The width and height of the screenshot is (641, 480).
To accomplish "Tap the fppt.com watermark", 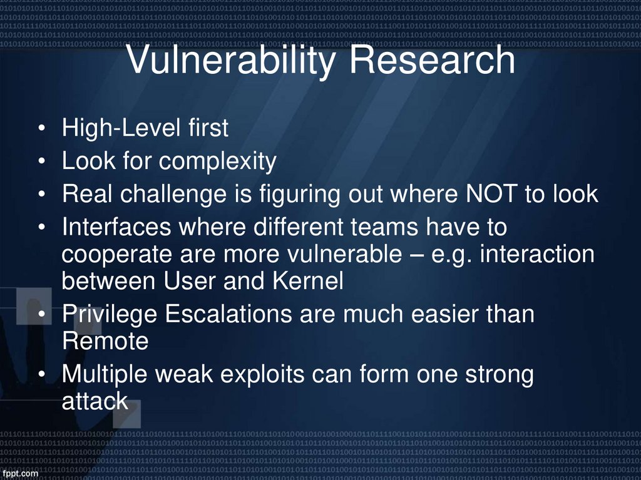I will [19, 474].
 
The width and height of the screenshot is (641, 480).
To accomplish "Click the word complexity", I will [217, 161].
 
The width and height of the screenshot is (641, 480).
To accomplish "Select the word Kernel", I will [308, 281].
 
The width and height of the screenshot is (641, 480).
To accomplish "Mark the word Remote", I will [105, 341].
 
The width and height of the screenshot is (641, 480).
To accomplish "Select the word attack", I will [95, 401].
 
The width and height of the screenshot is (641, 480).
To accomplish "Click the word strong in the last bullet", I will [498, 375].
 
